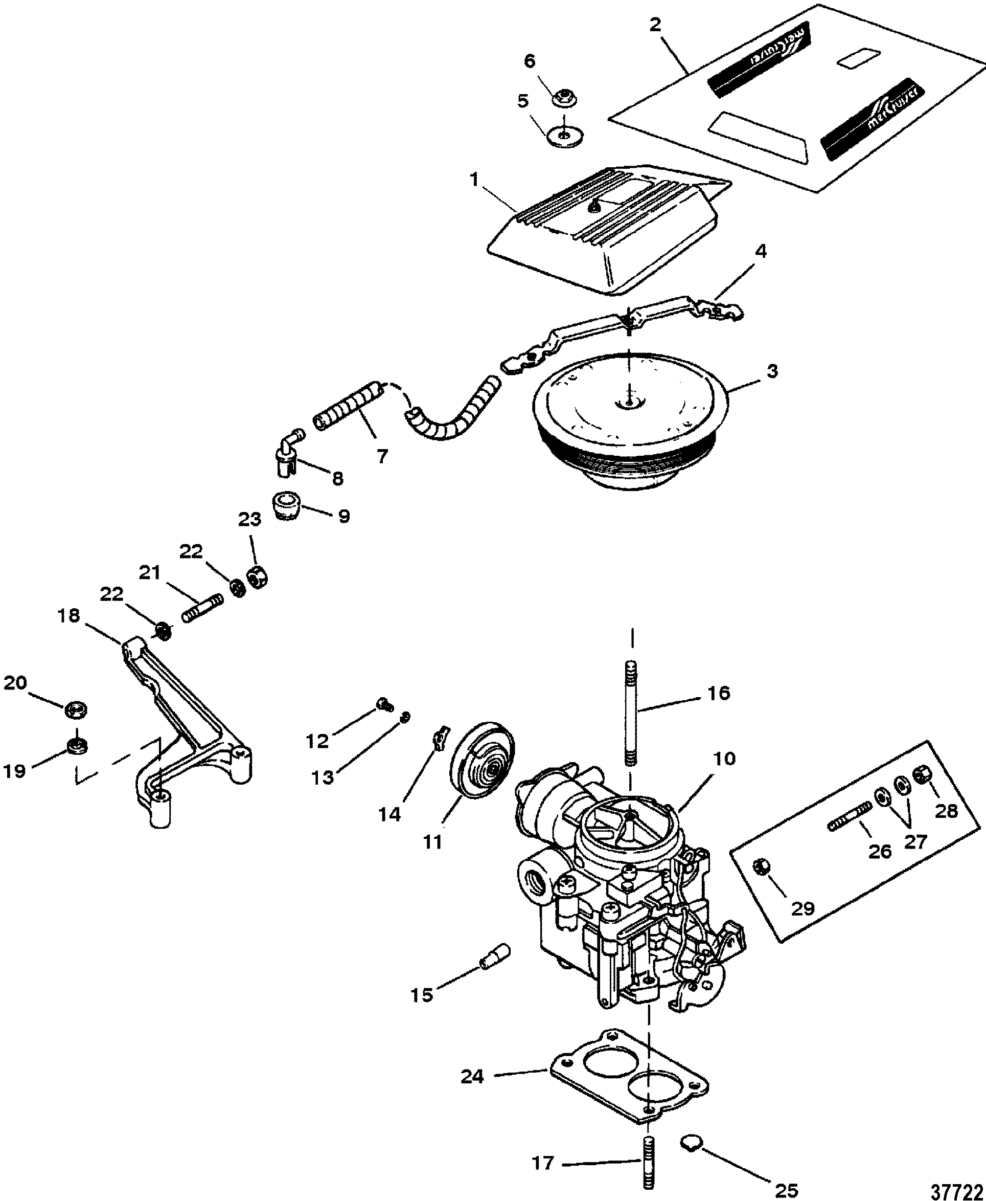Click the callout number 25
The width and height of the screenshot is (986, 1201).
(787, 1190)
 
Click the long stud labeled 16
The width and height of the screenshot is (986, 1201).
(631, 714)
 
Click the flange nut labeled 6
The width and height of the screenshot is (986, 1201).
(565, 97)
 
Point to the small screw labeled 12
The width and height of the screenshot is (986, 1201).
(384, 706)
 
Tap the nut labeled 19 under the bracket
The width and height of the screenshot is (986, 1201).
(77, 746)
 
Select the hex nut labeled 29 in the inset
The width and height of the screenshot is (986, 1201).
(763, 867)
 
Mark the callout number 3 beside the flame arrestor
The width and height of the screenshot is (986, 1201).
(772, 371)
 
